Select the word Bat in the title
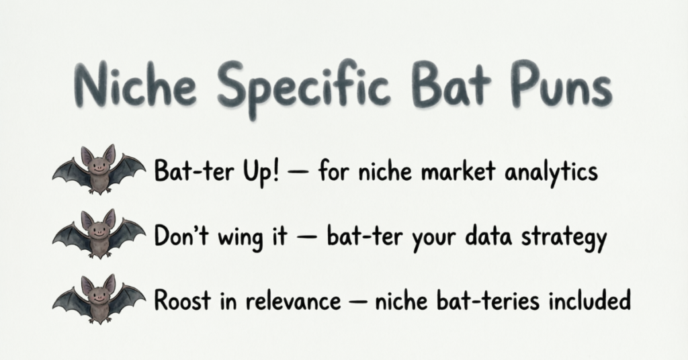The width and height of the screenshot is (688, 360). tap(451, 85)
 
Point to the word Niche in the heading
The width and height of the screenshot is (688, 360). tap(136, 86)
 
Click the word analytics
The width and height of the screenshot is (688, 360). tap(551, 171)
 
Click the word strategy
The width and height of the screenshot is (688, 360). tap(564, 237)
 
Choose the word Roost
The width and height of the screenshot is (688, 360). tap(183, 300)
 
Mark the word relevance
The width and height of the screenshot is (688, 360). tap(293, 301)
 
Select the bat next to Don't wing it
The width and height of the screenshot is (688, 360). tap(99, 234)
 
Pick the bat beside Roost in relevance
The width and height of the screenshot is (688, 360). tap(99, 299)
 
